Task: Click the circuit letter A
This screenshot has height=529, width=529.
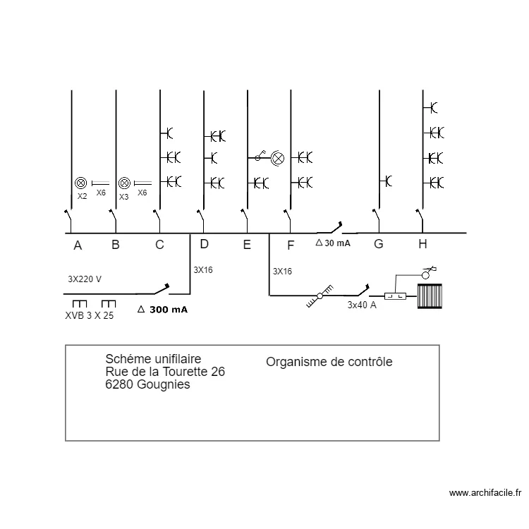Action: (x=78, y=245)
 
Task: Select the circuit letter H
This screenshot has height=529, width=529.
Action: (x=422, y=244)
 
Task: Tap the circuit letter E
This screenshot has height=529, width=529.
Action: (x=247, y=245)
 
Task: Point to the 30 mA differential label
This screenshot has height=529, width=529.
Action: (x=333, y=243)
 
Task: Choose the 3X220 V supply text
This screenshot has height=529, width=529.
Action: (x=85, y=279)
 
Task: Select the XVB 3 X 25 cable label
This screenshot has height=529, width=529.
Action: (x=89, y=315)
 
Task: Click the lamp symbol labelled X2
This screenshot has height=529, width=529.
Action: (x=80, y=183)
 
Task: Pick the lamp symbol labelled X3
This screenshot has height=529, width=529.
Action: (x=124, y=183)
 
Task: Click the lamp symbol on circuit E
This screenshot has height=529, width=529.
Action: (x=278, y=158)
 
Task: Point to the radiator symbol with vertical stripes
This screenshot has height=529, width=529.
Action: (x=429, y=296)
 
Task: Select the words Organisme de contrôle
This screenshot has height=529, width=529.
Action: (x=329, y=362)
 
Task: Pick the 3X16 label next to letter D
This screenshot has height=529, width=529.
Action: (x=202, y=268)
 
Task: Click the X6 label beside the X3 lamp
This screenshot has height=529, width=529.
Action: (x=142, y=193)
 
